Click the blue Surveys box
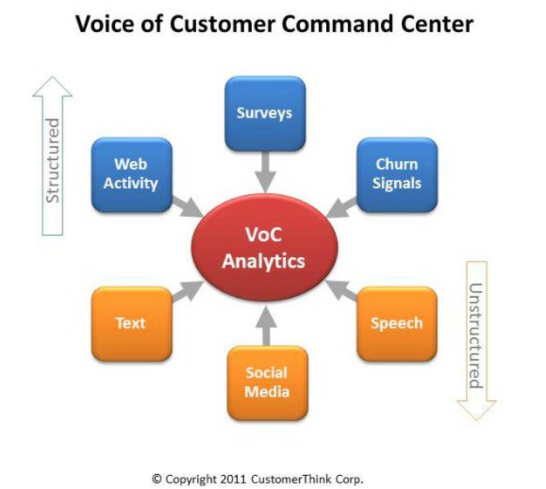(x=265, y=113)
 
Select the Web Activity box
(x=131, y=174)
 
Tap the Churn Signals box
(x=397, y=174)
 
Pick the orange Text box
(x=131, y=323)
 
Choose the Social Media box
(x=267, y=383)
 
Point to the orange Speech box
(x=397, y=323)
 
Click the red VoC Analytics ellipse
(x=264, y=247)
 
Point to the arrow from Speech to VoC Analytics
(x=341, y=290)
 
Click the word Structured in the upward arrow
(x=53, y=160)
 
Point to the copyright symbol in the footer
(x=157, y=479)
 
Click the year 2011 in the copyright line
(x=233, y=479)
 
